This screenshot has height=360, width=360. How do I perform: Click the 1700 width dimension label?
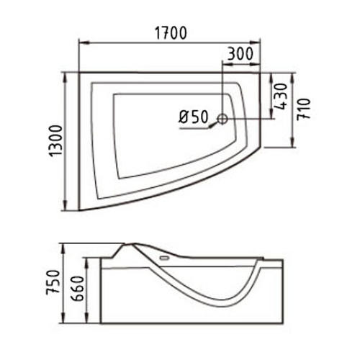coord(170,32)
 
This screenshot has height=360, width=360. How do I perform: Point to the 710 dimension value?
coord(306,109)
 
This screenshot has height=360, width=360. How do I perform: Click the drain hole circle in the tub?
coord(222,118)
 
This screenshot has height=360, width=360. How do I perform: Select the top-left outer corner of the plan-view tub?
coord(78,72)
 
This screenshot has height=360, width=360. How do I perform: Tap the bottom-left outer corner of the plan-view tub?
coord(78,210)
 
